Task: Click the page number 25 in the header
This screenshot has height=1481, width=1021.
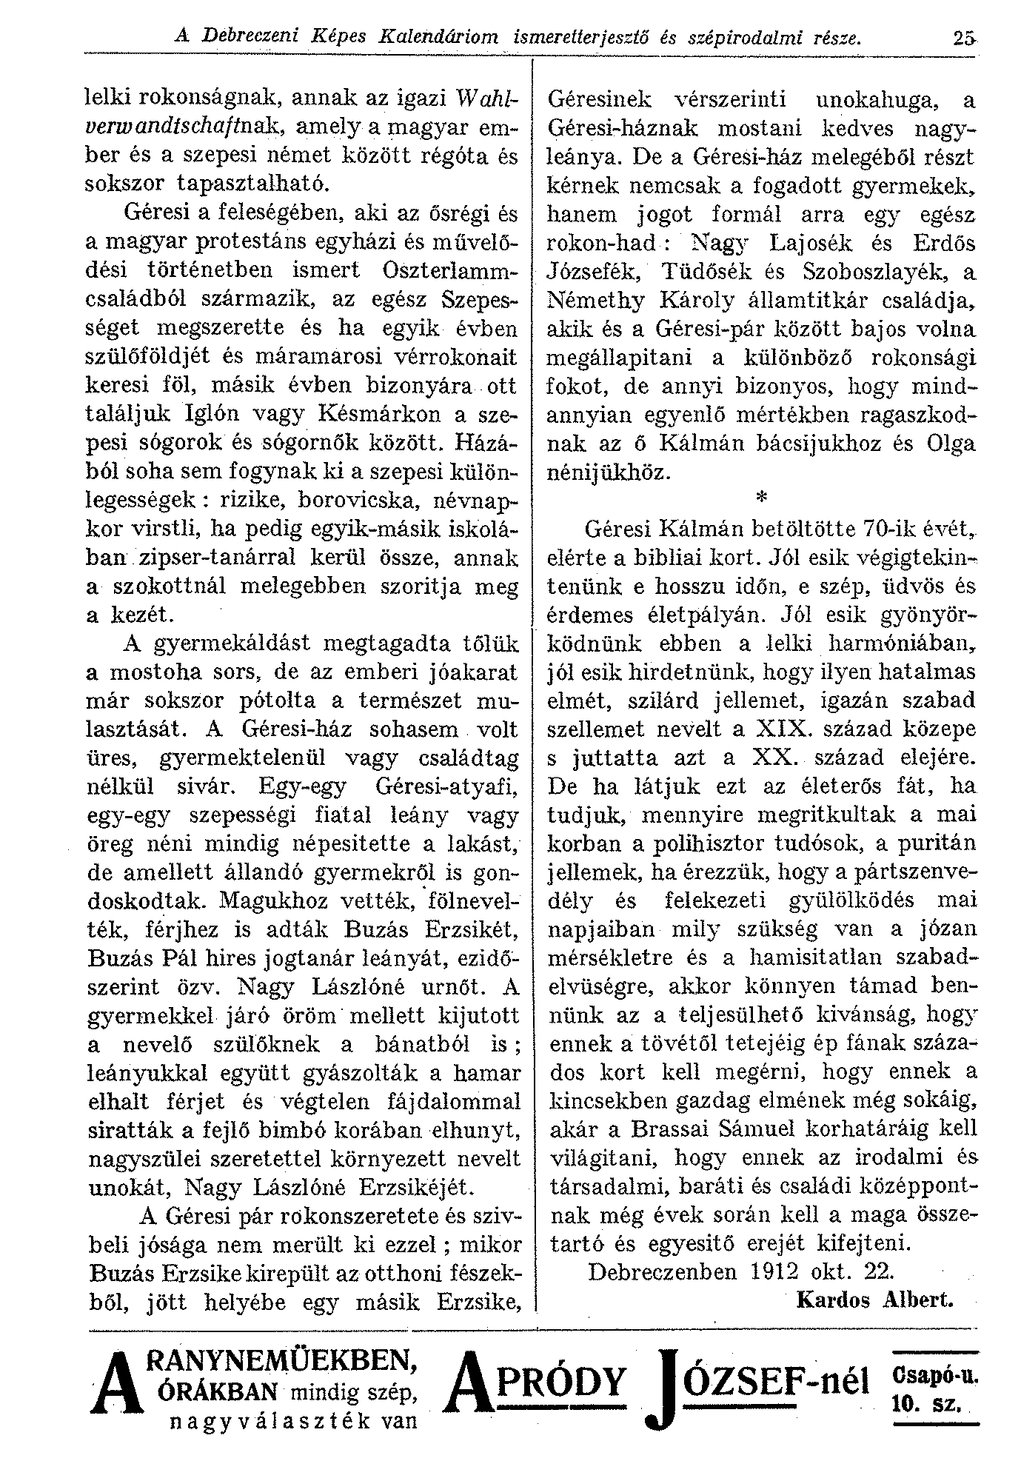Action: [x=963, y=35]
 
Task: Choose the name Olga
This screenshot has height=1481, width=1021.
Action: [x=949, y=443]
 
